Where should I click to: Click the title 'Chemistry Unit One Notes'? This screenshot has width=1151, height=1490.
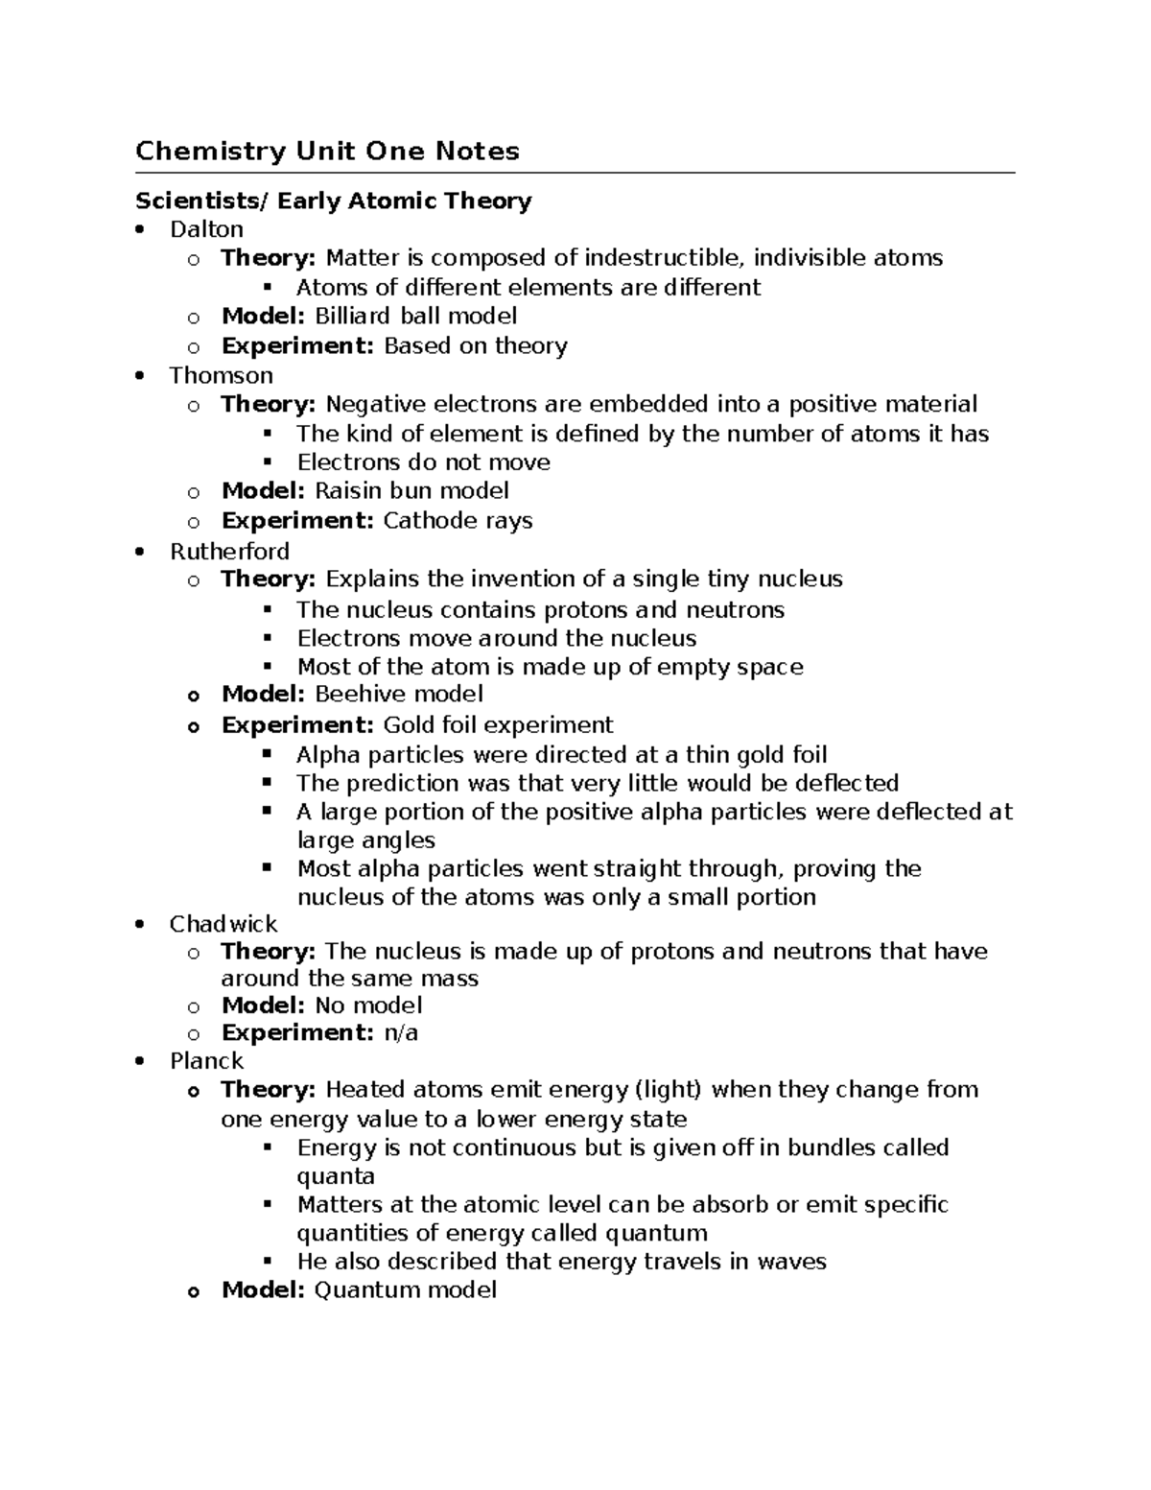pos(327,151)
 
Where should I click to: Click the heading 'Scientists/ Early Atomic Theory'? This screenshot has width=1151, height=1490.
pos(333,201)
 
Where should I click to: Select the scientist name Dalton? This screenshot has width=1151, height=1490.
pos(206,229)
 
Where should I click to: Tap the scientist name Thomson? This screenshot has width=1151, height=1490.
pos(221,375)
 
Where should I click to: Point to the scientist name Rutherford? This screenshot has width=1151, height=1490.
pos(229,551)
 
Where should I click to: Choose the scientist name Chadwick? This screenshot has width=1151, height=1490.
pos(223,924)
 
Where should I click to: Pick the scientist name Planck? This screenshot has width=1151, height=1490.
pos(206,1060)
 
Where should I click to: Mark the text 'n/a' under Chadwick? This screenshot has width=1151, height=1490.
pos(401,1032)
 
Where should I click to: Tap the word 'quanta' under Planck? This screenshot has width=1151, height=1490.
pos(336,1176)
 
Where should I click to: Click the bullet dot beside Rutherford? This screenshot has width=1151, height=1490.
pos(140,552)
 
